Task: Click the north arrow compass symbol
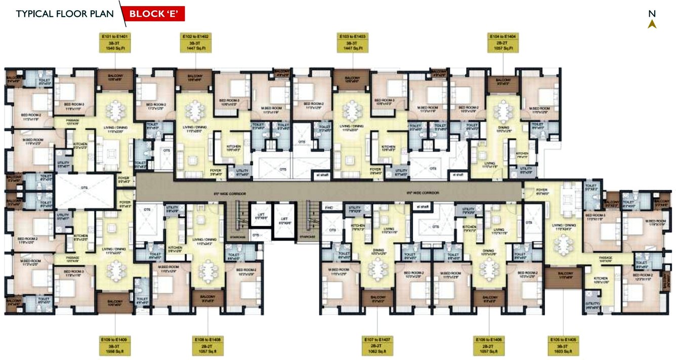click(x=652, y=23)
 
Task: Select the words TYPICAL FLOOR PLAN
click(x=65, y=14)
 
